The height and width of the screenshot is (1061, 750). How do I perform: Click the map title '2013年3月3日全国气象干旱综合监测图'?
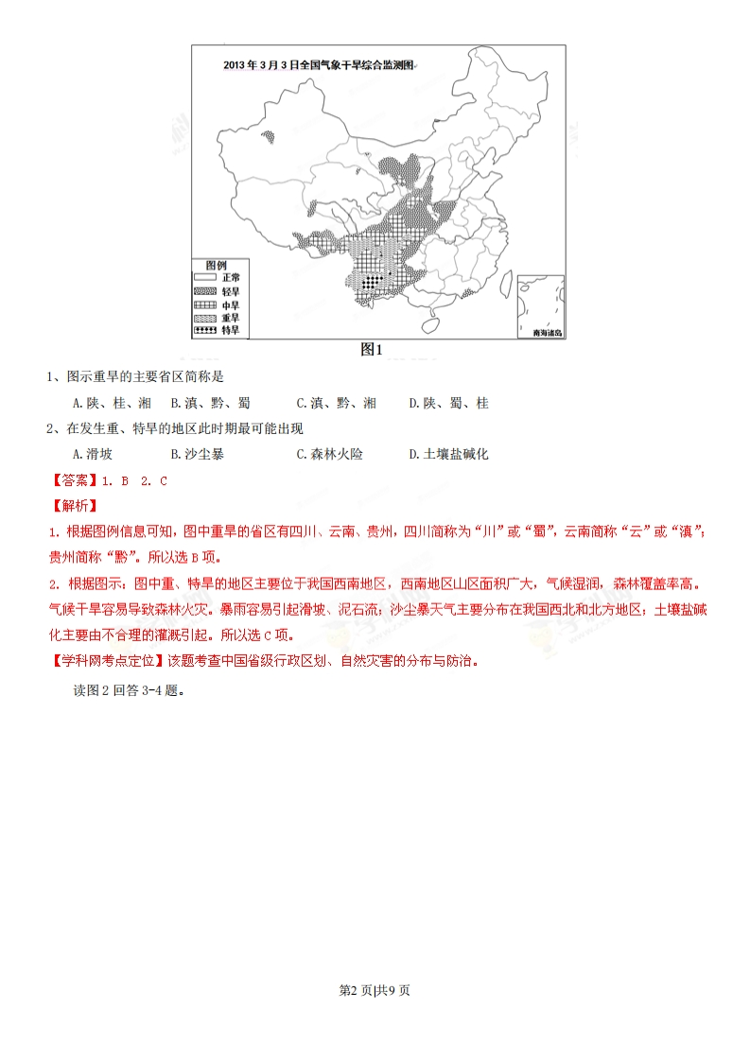[319, 65]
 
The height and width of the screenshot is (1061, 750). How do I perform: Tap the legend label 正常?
[231, 277]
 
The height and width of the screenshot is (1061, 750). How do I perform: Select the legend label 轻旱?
[231, 291]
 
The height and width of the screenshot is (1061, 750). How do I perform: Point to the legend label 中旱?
[231, 304]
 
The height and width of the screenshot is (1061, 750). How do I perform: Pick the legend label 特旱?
[231, 330]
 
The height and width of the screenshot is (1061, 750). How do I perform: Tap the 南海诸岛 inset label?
[541, 333]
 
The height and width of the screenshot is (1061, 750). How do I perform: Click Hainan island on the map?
[429, 324]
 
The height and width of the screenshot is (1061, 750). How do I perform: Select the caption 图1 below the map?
[372, 349]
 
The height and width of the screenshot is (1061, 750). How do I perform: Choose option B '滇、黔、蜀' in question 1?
[210, 403]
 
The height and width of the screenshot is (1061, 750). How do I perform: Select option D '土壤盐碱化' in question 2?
[448, 454]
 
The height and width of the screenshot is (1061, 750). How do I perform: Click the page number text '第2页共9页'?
[375, 990]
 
